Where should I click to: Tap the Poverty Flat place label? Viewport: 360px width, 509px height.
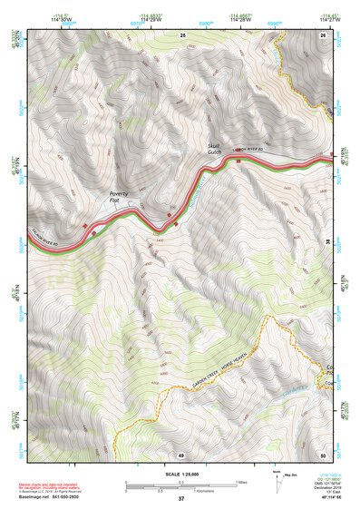coord(120,197)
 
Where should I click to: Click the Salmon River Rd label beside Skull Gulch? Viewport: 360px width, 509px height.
coord(250,148)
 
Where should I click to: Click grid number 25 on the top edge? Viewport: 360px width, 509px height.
coord(182,34)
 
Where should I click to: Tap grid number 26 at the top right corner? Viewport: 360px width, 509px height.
coord(323,34)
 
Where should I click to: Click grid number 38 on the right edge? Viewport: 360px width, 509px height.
coord(328,243)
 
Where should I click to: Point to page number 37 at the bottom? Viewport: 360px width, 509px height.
coord(181,499)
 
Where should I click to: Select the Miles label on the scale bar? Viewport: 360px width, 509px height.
coord(241,482)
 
